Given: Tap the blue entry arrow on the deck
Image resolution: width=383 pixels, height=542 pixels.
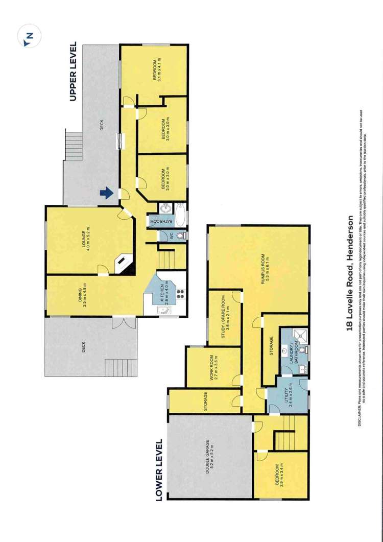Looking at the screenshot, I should pos(106,193).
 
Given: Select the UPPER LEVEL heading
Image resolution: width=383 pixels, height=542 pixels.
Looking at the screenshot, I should pos(73,72).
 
